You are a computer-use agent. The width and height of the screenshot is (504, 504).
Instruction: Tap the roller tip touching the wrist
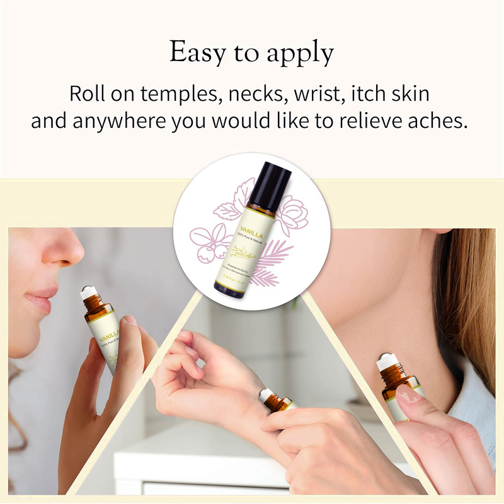pyautogui.click(x=265, y=396)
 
